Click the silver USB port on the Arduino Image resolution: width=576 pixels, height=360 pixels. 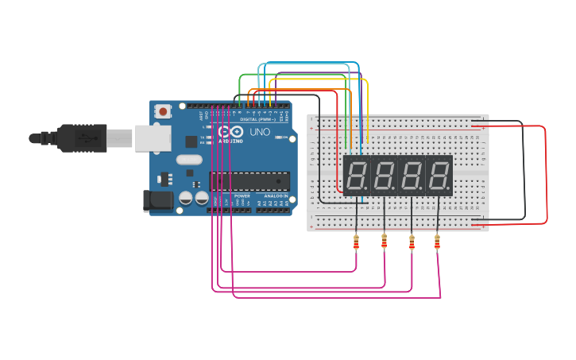tap(152, 137)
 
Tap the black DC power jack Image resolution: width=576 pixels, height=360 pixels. tap(157, 201)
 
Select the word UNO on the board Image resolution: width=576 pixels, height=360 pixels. tap(260, 132)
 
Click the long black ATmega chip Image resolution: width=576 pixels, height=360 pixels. tap(249, 181)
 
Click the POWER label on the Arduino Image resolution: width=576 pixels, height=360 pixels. tap(242, 195)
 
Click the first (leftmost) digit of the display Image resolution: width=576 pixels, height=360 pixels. tap(357, 175)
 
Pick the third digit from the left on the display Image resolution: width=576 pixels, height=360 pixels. tap(411, 175)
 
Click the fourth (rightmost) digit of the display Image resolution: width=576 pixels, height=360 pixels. tap(438, 175)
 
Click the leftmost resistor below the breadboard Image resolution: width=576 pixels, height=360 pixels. tap(356, 242)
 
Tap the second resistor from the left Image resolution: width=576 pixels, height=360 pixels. tap(385, 241)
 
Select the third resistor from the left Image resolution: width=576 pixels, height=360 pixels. tap(412, 242)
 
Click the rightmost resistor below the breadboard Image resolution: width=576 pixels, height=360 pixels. tap(437, 242)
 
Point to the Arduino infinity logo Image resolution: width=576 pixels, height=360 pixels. tap(231, 132)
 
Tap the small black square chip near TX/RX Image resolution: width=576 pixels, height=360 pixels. tap(191, 141)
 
